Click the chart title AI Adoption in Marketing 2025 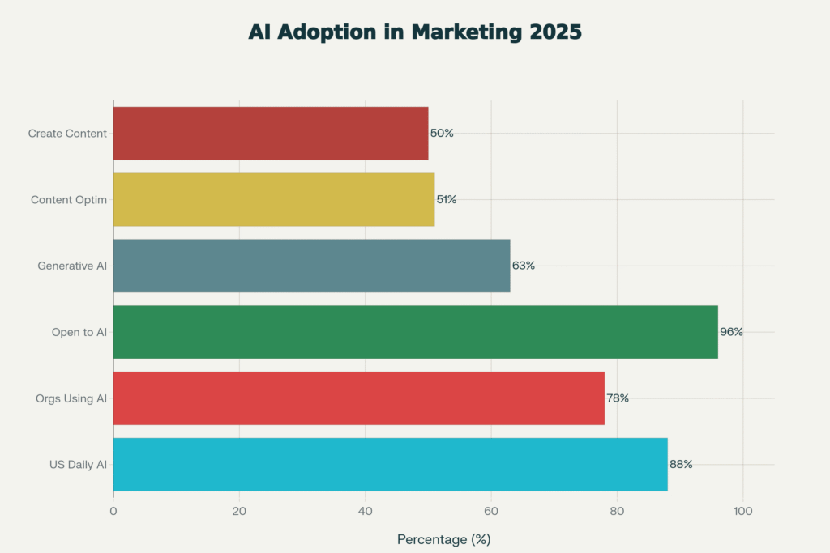point(414,32)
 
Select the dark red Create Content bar point(270,133)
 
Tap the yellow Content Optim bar point(273,199)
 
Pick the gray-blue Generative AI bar point(311,266)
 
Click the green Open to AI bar point(415,332)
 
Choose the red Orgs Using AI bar point(358,398)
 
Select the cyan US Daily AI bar point(390,465)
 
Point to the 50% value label point(442,133)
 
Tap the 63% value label point(523,266)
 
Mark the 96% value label point(731,332)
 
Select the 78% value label point(618,398)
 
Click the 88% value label point(681,465)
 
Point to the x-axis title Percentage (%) point(443,539)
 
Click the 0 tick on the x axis point(113,511)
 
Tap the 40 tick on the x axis point(366,511)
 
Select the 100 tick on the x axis point(743,511)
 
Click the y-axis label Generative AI point(72,266)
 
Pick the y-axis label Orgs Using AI point(71,398)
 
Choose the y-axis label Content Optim point(69,199)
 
